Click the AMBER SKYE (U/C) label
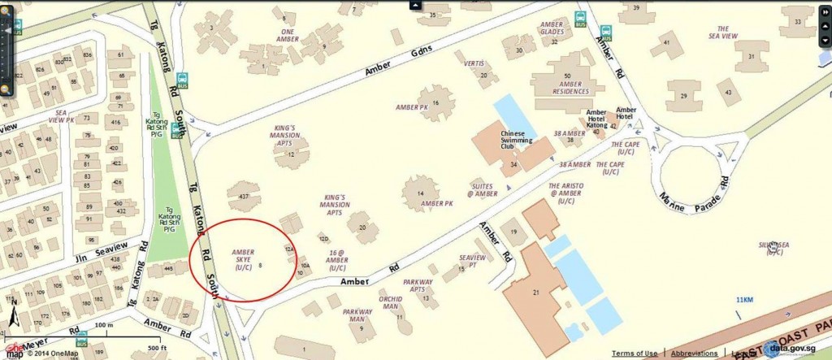244,259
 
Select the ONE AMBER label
288,35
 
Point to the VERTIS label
474,63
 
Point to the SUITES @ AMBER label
483,189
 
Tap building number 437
243,197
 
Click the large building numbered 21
536,292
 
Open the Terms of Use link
635,353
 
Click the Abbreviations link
694,353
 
